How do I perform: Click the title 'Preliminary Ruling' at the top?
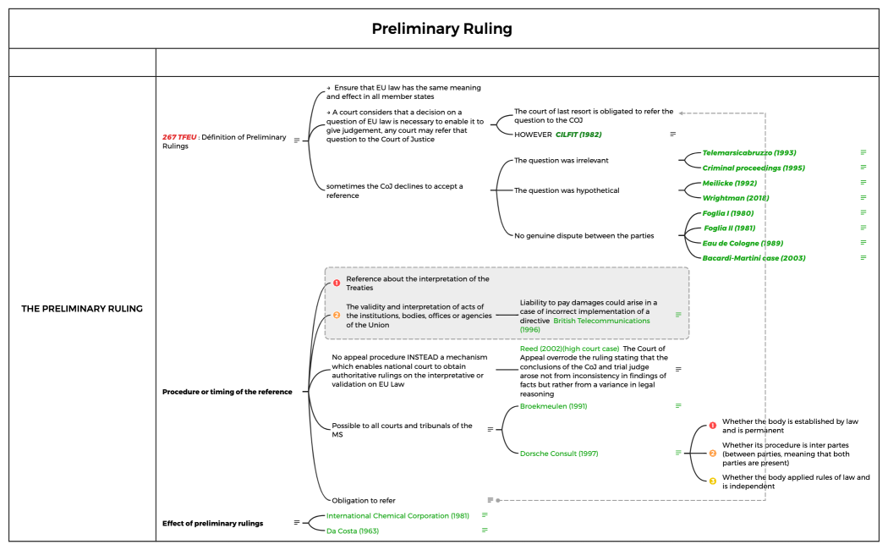[442, 29]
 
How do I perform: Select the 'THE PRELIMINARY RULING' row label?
[82, 309]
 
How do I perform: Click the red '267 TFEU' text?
[179, 137]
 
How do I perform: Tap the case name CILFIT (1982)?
[578, 134]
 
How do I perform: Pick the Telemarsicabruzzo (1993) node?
[748, 153]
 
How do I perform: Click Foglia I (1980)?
[728, 213]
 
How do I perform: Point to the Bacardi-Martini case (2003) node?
[754, 257]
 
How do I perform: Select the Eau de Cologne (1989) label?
[743, 243]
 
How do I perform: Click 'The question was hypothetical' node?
[567, 190]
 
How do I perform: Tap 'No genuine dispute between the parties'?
[584, 235]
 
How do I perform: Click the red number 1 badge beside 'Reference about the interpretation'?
[336, 283]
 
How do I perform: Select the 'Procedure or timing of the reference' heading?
[227, 392]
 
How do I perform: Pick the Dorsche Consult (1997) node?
[559, 454]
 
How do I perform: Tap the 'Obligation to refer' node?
[363, 500]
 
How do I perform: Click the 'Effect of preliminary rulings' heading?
[212, 523]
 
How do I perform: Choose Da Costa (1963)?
[353, 531]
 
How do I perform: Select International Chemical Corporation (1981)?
[397, 515]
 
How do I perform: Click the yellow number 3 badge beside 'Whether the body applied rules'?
[712, 481]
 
